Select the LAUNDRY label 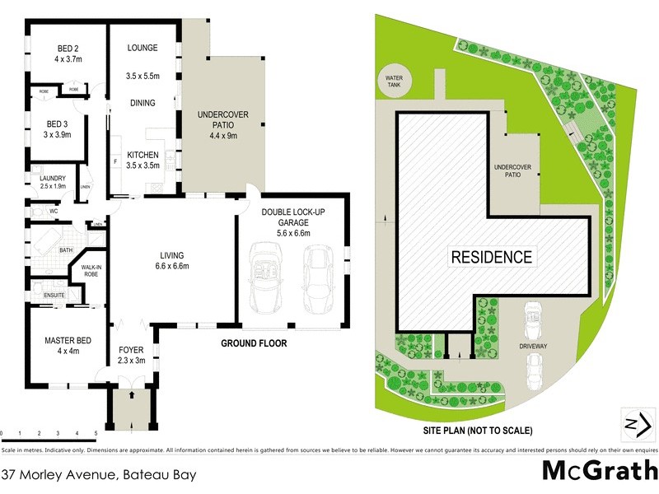(47, 176)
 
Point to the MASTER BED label (68, 339)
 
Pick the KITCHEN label (143, 155)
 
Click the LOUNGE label (143, 49)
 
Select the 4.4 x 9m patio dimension (221, 135)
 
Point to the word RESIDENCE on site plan (491, 256)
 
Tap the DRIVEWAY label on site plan (532, 347)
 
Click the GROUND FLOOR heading (254, 343)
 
